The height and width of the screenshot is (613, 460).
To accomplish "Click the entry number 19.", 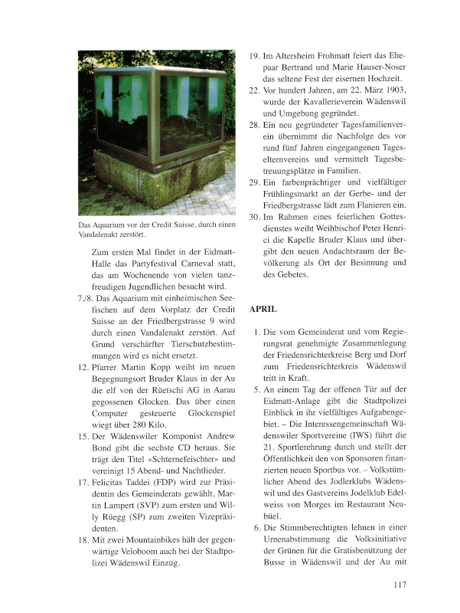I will click(256, 56).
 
